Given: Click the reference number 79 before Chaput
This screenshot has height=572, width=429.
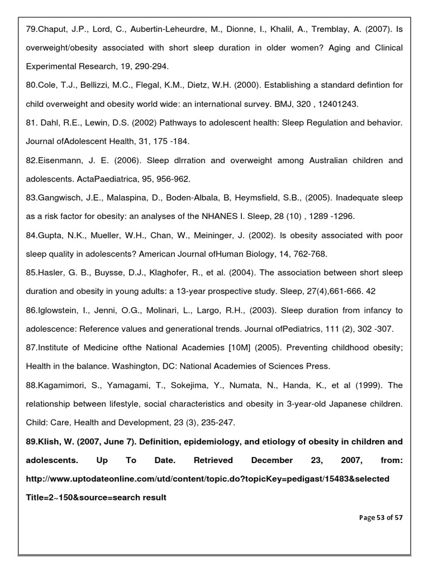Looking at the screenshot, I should point(31,28).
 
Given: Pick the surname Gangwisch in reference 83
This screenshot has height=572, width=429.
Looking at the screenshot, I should point(60,198).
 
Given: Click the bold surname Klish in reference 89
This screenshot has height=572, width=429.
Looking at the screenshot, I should point(49,441).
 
